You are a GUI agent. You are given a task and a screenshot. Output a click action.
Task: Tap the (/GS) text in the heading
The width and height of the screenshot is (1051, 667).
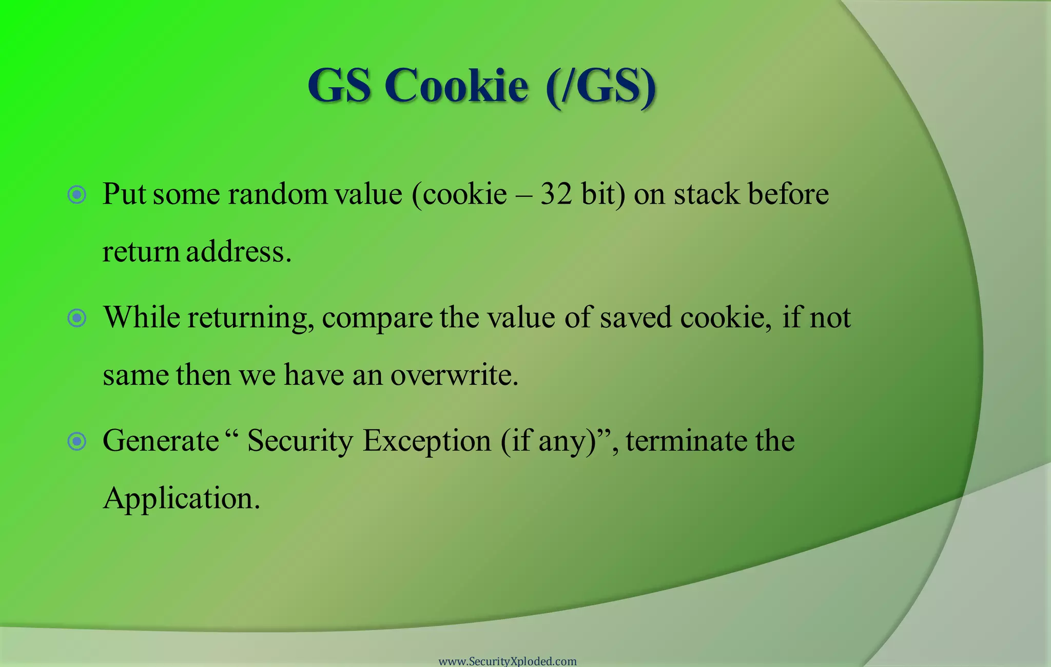click(601, 85)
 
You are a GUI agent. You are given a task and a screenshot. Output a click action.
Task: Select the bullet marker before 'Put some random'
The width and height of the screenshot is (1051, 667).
click(77, 194)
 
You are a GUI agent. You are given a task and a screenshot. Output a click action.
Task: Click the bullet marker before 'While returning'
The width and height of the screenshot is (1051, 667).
click(77, 318)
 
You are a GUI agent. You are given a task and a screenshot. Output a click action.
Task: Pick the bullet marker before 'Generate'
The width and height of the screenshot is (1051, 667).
click(77, 441)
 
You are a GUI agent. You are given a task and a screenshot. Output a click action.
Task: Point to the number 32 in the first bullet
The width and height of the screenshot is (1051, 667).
click(556, 194)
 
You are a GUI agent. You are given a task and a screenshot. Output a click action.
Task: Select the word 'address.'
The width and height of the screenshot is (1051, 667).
click(239, 251)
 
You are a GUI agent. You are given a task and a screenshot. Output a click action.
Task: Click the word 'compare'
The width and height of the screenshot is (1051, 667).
click(377, 318)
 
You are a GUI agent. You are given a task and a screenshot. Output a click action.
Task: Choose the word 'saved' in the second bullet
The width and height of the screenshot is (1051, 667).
click(635, 317)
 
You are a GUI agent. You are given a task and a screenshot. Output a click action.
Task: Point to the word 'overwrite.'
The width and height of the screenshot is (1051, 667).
click(454, 375)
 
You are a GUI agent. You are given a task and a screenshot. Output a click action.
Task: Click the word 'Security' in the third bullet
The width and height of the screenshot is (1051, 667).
click(300, 441)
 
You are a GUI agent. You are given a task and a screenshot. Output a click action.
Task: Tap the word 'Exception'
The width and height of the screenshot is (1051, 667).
click(427, 441)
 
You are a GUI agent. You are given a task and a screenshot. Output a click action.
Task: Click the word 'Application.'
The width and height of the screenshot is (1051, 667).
click(181, 498)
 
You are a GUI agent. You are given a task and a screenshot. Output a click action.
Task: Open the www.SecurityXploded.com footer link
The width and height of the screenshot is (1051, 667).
click(508, 661)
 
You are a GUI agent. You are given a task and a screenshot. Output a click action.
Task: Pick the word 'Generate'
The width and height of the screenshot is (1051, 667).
click(161, 441)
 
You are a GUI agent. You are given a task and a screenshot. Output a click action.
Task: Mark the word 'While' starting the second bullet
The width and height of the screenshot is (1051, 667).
click(142, 317)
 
